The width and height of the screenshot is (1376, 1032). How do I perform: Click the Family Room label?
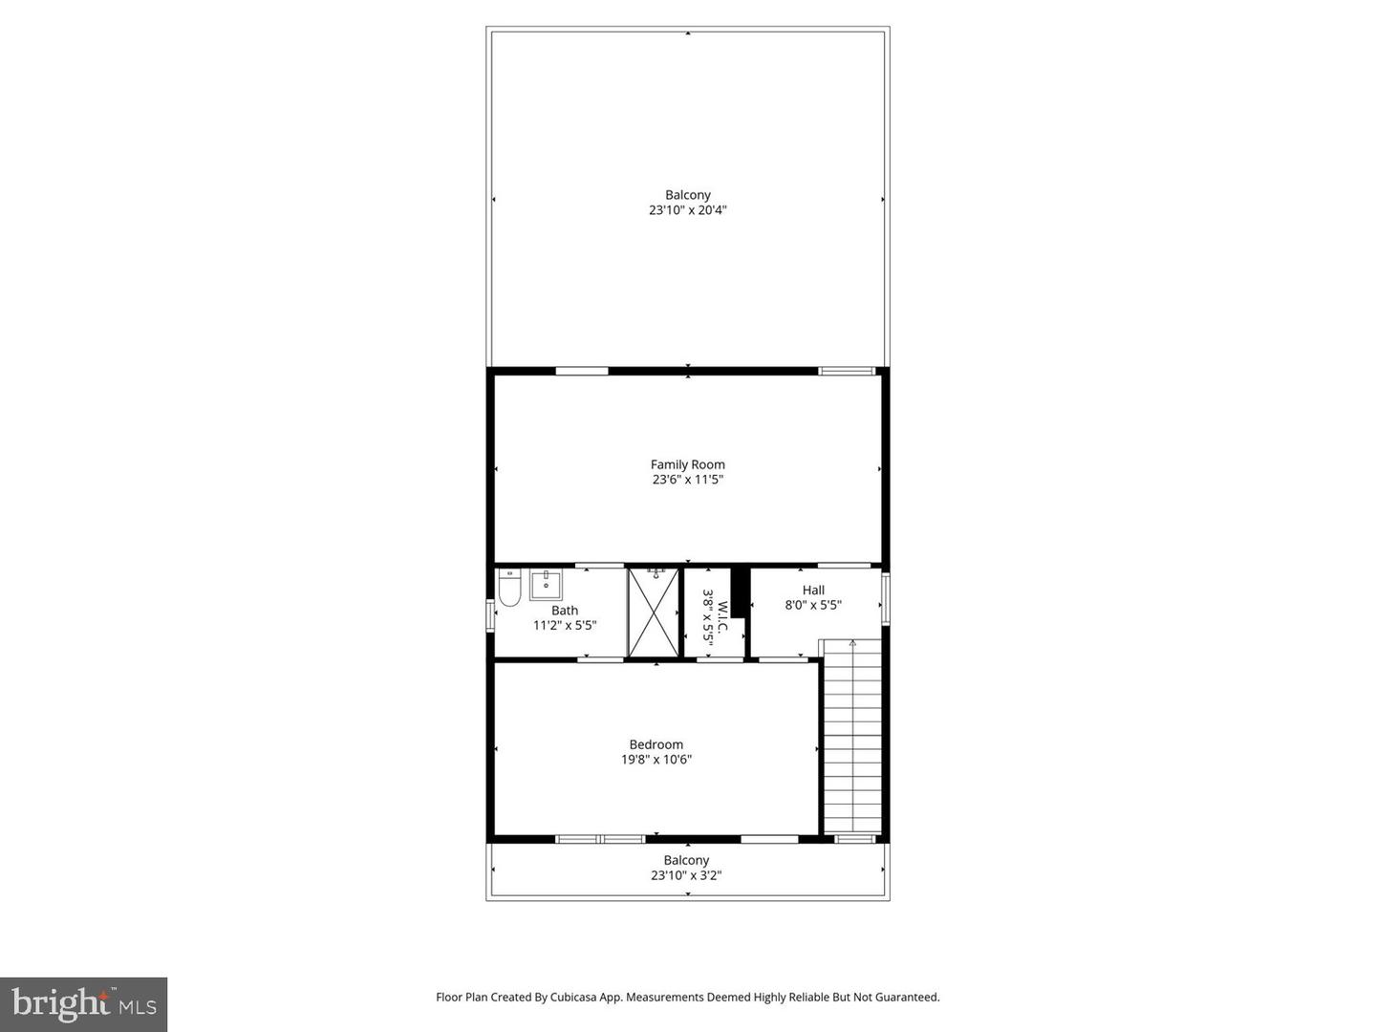coord(687,464)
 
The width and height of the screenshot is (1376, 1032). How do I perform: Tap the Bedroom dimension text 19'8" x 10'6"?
coord(656,760)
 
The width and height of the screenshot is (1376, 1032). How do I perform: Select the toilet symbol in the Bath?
coord(508,589)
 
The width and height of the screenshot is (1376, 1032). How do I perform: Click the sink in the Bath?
coord(546,584)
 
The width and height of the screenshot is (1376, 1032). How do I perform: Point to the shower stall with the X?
coord(654,613)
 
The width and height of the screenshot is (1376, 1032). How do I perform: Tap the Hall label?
coord(813,590)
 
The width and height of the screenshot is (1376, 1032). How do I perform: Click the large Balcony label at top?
coord(688,195)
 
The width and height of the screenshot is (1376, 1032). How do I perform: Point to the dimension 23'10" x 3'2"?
coord(686,875)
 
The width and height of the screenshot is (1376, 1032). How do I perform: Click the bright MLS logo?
coord(84,1003)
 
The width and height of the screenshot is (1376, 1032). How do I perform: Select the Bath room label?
coord(565,611)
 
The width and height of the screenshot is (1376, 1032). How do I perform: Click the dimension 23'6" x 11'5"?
coord(687,480)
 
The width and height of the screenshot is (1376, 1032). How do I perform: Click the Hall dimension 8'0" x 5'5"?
coord(813,605)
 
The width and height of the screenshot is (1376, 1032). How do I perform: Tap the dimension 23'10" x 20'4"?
coord(688,210)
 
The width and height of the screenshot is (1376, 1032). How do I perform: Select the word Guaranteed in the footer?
coord(907,997)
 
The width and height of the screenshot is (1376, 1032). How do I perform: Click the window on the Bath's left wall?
coord(490,613)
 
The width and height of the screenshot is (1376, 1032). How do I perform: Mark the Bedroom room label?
coord(656,744)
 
